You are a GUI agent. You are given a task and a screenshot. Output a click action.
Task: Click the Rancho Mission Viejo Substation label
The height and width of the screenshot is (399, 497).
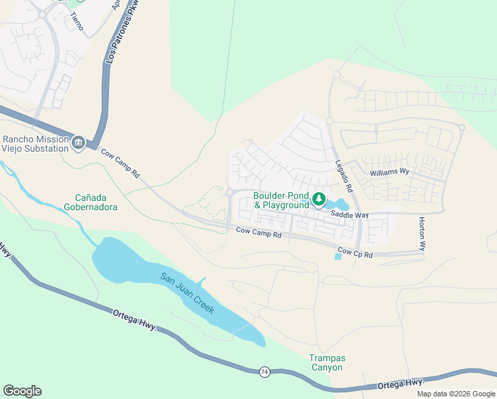tap(36, 144)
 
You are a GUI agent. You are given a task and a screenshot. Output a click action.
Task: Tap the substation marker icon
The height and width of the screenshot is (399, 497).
tap(78, 142)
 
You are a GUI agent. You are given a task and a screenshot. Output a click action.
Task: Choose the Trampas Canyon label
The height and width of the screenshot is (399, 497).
tap(327, 362)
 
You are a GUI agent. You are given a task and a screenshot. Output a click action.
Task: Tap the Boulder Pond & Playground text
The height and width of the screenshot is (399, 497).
tap(281, 200)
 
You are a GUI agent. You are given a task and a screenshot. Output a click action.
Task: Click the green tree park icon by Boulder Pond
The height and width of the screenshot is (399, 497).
tap(319, 199)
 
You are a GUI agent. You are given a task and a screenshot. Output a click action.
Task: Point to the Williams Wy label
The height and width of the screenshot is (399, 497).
tap(389, 172)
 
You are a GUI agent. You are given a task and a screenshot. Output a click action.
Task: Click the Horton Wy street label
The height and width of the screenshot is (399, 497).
tap(422, 233)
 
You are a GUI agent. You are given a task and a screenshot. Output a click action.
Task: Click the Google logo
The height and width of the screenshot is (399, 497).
tap(22, 391)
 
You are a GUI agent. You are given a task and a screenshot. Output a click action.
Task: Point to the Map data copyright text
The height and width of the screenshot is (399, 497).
tap(455, 394)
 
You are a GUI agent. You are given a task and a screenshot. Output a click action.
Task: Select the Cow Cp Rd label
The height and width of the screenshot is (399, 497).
tap(355, 253)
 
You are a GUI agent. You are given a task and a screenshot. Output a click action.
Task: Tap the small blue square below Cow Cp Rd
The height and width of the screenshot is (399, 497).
tap(338, 257)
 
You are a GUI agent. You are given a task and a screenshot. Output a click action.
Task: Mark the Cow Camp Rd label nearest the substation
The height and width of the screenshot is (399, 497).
tap(120, 162)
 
